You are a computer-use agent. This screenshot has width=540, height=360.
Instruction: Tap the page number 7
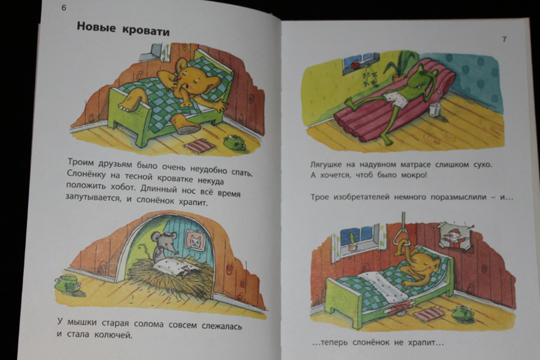(504, 39)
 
